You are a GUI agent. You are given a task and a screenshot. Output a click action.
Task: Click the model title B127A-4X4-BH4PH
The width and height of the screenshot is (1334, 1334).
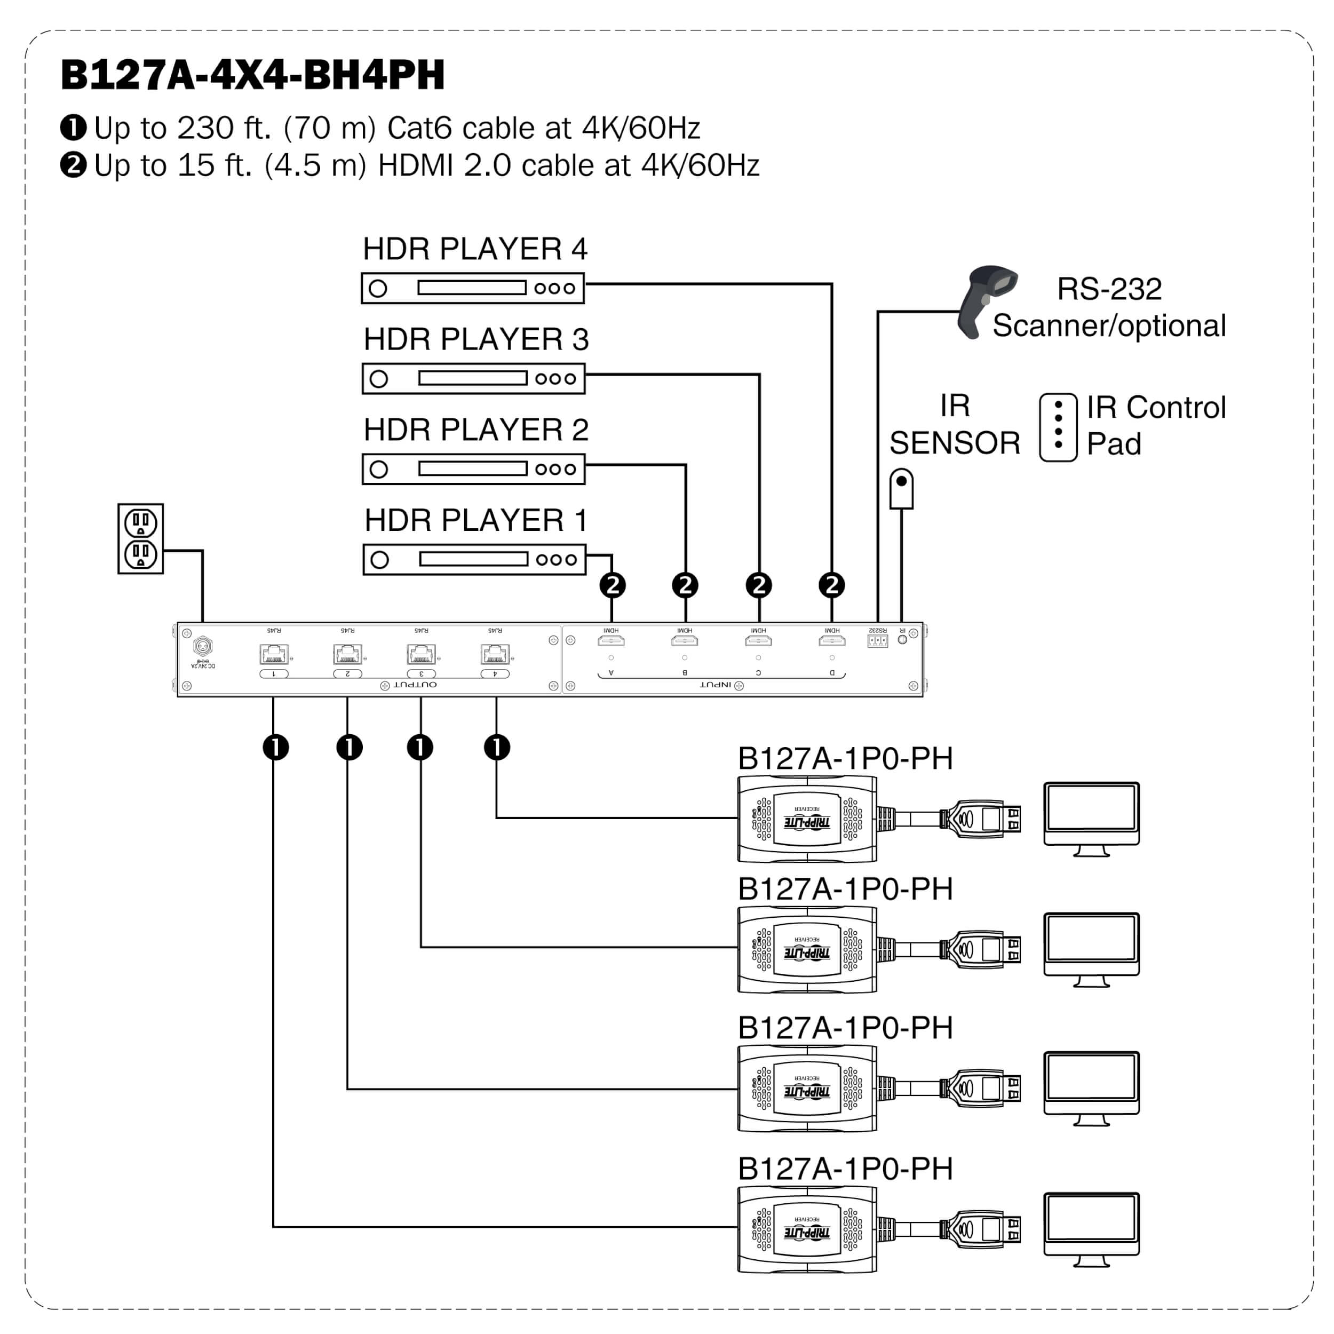[253, 75]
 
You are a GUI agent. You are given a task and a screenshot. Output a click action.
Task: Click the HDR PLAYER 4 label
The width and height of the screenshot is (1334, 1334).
[475, 249]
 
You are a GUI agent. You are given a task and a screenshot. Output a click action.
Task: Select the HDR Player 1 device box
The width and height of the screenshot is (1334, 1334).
[474, 559]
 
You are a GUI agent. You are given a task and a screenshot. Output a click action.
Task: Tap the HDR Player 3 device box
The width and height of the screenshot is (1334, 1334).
[474, 378]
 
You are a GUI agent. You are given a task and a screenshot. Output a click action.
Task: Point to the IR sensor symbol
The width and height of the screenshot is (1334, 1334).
[901, 488]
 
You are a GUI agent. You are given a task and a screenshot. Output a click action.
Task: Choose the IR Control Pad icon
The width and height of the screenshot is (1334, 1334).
[1058, 427]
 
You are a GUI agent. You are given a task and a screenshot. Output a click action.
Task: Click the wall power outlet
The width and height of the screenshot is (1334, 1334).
[141, 538]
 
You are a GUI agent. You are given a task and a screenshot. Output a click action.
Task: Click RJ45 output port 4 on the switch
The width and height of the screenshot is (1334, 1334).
[495, 653]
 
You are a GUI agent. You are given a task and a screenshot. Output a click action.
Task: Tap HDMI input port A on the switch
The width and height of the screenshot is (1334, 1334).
[611, 641]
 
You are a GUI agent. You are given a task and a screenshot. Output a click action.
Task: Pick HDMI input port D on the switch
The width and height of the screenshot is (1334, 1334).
[832, 641]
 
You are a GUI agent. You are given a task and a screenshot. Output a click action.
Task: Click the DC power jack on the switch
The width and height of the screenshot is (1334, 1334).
[202, 646]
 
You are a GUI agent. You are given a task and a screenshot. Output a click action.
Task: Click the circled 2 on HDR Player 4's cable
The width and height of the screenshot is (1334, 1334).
[832, 585]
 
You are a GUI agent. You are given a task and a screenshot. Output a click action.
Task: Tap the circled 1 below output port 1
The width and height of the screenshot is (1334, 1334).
[275, 747]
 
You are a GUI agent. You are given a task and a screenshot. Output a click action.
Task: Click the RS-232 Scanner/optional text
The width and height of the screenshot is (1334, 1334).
[1109, 307]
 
